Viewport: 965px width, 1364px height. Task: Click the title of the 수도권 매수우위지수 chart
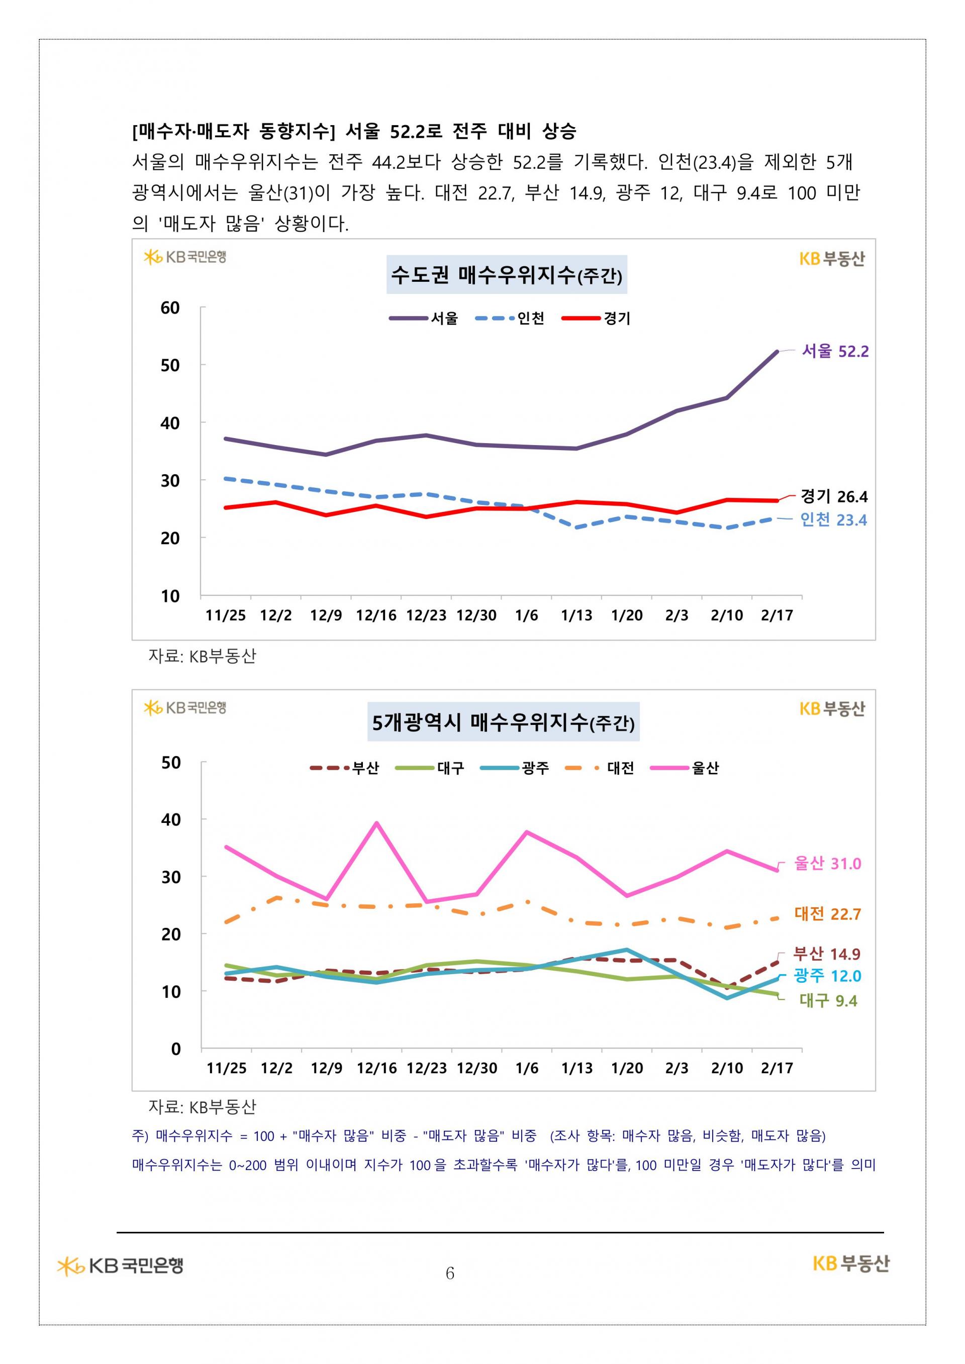click(506, 275)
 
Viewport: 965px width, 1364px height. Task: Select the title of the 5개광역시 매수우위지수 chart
click(503, 723)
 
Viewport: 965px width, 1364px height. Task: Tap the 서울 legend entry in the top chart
click(424, 319)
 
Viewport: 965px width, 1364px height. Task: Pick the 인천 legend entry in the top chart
click(510, 319)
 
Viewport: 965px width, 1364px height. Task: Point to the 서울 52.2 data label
click(835, 351)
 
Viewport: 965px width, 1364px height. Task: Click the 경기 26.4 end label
click(834, 496)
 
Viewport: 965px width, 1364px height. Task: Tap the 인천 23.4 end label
click(833, 520)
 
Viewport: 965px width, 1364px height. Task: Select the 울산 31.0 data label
click(827, 863)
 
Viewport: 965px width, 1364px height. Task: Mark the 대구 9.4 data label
click(828, 1001)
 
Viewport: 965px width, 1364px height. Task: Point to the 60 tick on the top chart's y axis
click(170, 308)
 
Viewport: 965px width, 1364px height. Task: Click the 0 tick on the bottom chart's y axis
click(175, 1049)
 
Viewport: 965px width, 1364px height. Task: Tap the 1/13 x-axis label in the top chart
click(576, 615)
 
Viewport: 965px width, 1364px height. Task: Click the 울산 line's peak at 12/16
click(377, 823)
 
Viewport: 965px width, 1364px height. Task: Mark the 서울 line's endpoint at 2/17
click(777, 352)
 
